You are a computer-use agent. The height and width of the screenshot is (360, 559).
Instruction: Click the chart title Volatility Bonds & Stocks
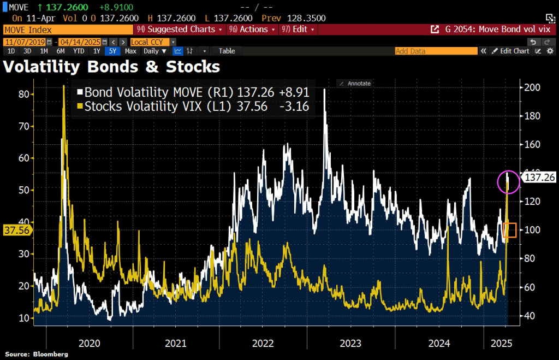coord(112,67)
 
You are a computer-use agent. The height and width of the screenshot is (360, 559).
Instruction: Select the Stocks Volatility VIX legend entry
coord(194,107)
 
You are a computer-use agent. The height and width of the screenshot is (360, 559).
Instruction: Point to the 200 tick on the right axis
coord(532,87)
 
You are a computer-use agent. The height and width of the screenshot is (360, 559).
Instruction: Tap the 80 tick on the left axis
coord(23,94)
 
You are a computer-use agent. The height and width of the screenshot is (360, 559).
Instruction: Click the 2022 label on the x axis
coord(263,344)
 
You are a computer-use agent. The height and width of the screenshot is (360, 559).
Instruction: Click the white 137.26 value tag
coord(538,178)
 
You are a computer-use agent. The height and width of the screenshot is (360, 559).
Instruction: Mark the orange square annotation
coord(509,230)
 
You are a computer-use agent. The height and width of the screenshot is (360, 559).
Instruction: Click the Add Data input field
coord(436,51)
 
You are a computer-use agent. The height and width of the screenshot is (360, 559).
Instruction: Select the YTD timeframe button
coord(79,51)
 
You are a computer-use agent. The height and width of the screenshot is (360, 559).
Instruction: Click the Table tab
coord(227,51)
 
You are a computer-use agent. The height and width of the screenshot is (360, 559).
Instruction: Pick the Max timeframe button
coord(130,51)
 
